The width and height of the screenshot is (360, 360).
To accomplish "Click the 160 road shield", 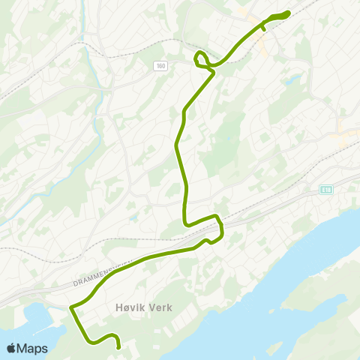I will tap(161, 66).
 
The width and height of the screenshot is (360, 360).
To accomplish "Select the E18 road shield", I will tap(325, 189).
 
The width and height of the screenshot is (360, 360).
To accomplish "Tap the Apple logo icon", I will tap(12, 348).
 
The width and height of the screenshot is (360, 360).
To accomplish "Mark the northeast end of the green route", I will tap(287, 13).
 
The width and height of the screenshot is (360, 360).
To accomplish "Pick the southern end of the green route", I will tap(119, 347).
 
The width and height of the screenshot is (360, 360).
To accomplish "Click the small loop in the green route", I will tap(200, 58).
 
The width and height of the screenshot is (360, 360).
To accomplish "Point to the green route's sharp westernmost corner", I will tap(71, 307).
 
